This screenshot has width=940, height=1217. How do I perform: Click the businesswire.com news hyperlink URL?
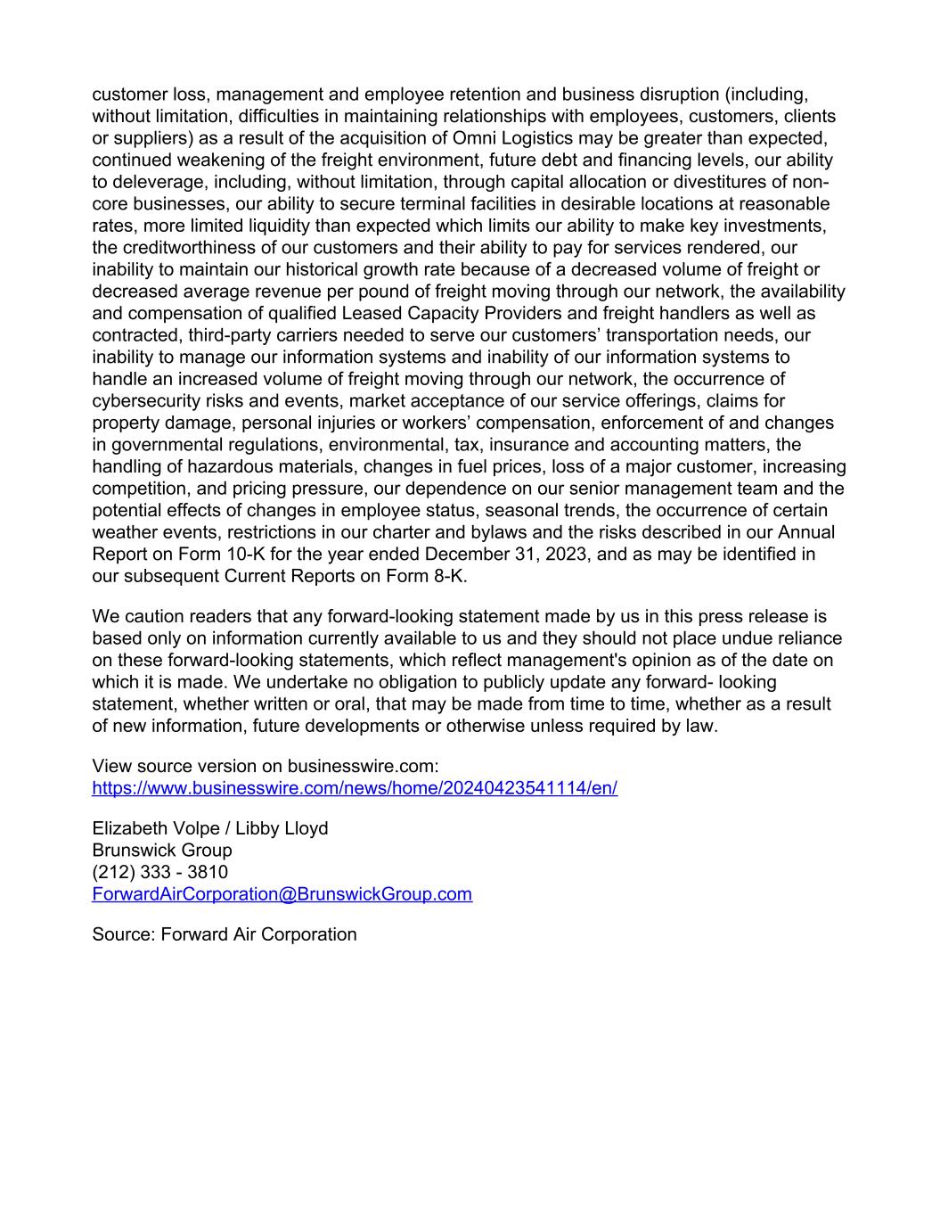[355, 788]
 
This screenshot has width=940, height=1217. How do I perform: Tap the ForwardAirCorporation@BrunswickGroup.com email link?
[282, 894]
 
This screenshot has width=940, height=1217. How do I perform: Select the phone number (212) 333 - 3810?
[159, 872]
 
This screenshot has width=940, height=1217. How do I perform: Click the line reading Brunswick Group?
[162, 851]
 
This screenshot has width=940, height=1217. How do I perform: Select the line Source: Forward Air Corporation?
[225, 934]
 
